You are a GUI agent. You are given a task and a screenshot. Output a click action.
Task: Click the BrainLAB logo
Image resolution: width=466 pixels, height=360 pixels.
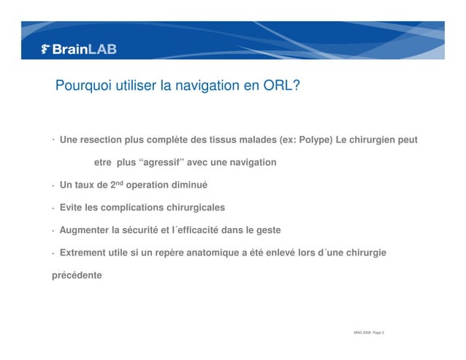click(x=80, y=50)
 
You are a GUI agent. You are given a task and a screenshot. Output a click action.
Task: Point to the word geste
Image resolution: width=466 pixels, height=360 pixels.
click(x=266, y=230)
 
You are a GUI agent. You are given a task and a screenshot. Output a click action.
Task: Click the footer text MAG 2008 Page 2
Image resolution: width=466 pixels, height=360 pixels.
click(x=369, y=333)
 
